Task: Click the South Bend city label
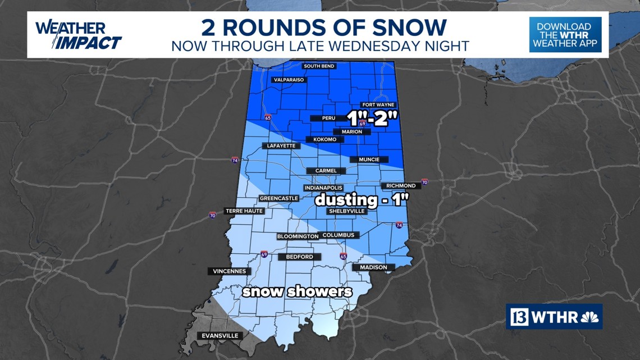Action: click(x=319, y=66)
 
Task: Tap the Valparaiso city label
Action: click(x=289, y=80)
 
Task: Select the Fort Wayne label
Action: click(x=378, y=105)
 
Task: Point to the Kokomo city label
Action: click(x=321, y=139)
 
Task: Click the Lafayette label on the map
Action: click(x=279, y=146)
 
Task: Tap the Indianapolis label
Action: click(x=323, y=188)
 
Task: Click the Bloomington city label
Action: click(x=298, y=236)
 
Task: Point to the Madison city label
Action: click(x=373, y=267)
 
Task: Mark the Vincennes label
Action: click(x=229, y=271)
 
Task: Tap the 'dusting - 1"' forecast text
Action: click(x=360, y=200)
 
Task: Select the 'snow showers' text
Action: click(x=297, y=292)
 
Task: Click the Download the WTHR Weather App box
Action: click(x=565, y=35)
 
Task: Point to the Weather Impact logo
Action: click(x=78, y=35)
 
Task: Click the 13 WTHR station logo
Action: click(x=554, y=317)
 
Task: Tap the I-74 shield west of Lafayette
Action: click(x=235, y=160)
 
